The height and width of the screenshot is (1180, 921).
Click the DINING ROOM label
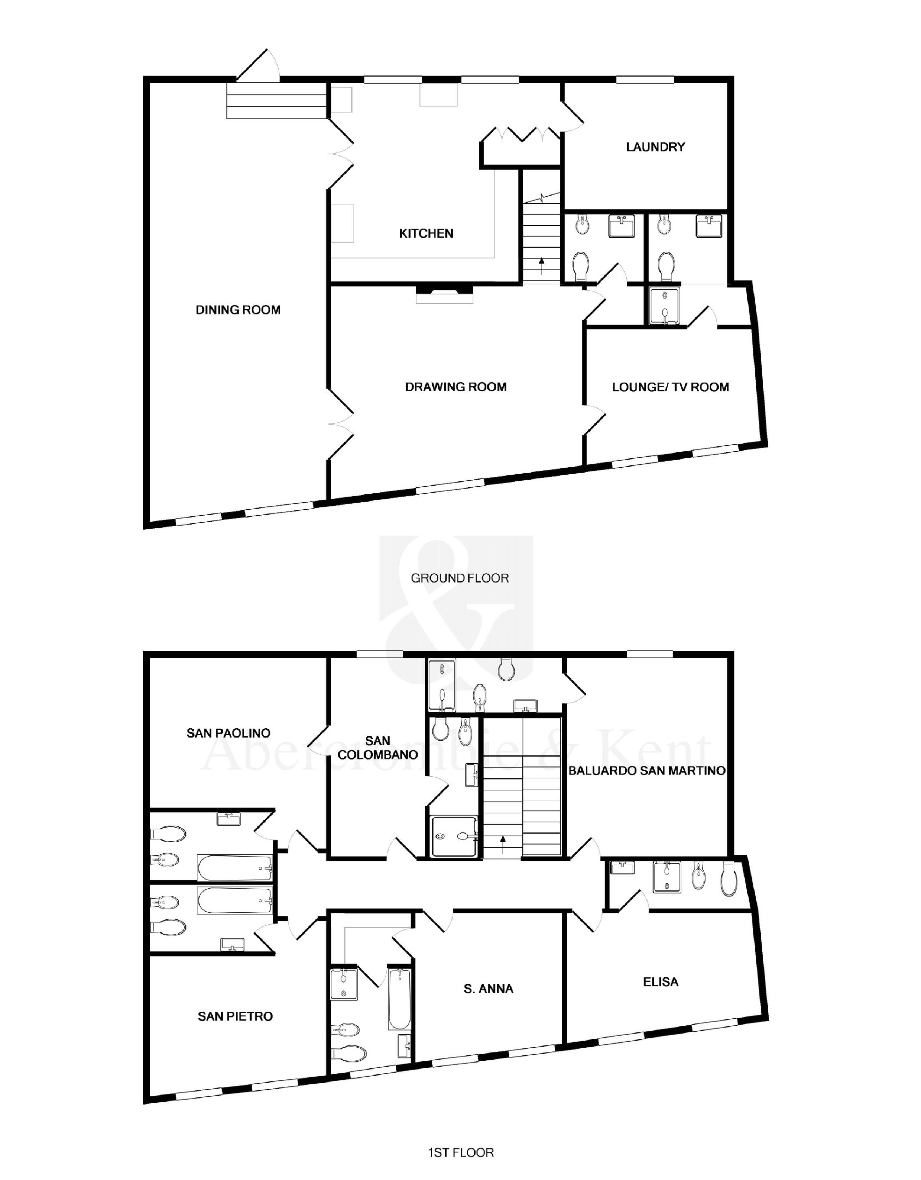[x=238, y=310]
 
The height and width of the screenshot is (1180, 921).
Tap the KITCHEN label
[x=426, y=233]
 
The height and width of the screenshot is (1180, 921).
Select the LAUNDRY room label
[x=655, y=147]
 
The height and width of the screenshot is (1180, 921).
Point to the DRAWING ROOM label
[x=455, y=387]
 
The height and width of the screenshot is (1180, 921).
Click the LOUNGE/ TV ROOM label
[x=671, y=387]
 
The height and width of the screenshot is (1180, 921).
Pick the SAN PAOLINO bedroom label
[x=228, y=733]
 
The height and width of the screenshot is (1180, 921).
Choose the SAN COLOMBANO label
[x=378, y=748]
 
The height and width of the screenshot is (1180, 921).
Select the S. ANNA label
[x=489, y=989]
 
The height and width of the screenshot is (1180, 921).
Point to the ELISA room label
[x=661, y=982]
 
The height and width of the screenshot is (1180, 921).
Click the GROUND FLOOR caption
[x=460, y=578]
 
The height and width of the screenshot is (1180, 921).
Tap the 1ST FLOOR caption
[x=461, y=1153]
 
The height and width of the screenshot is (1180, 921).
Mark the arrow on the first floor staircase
[x=503, y=844]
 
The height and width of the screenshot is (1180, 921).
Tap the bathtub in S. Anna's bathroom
[x=399, y=999]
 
